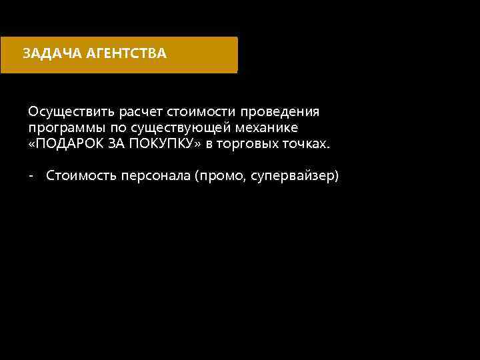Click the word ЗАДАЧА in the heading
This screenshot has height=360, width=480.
tap(52, 53)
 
